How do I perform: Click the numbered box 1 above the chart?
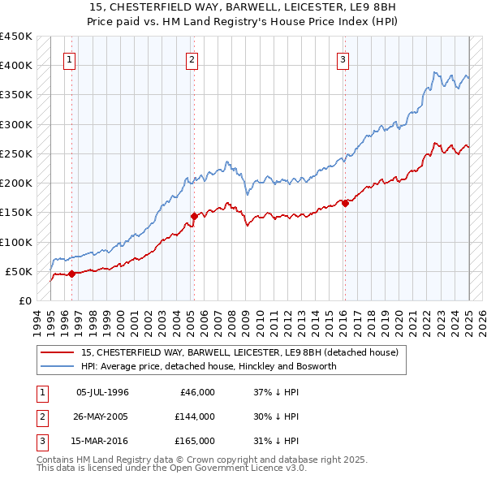(70, 59)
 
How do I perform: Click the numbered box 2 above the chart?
(192, 59)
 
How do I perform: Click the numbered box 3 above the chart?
(343, 59)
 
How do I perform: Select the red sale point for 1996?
(71, 274)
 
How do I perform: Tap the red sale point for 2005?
(195, 216)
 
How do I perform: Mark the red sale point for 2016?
(345, 203)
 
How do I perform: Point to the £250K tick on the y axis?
(16, 153)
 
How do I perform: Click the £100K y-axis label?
(16, 242)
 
